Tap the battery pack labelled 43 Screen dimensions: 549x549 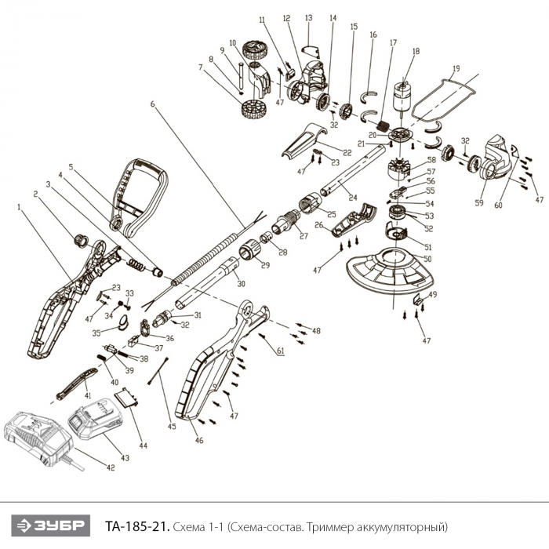(x=95, y=427)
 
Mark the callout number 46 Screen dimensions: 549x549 (x=199, y=441)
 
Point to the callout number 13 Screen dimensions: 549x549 (x=308, y=17)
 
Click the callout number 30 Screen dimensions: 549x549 (x=240, y=283)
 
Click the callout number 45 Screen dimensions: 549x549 (x=172, y=427)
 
